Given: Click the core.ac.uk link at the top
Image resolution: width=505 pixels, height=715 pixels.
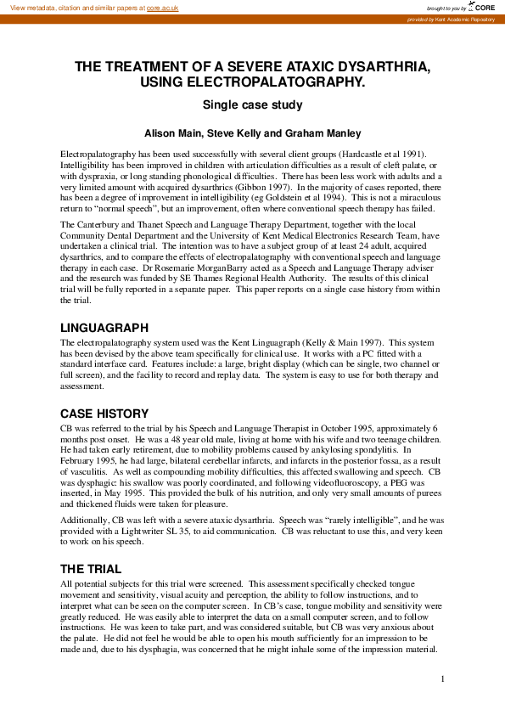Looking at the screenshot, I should point(163,7).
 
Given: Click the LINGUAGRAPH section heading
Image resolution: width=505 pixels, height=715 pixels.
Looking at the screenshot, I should point(104,327).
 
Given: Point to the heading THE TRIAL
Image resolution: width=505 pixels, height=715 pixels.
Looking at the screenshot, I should point(91,569).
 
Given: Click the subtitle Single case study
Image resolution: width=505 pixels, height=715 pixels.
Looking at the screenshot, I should point(252,105).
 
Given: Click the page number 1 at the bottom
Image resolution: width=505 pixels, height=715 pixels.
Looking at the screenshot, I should point(443,678).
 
